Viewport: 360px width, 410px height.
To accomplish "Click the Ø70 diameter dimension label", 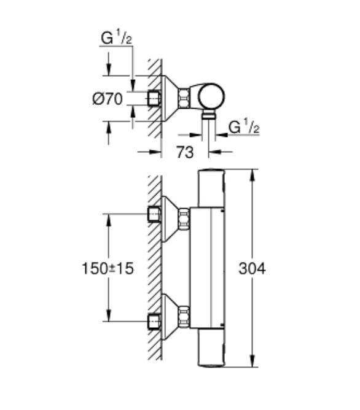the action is point(108,99).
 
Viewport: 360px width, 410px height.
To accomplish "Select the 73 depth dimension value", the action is point(185,152).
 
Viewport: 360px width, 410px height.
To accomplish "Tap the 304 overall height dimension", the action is point(252,268).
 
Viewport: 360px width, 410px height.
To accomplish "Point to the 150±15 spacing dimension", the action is point(108,268).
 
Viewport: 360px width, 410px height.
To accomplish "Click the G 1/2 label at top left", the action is point(116,37).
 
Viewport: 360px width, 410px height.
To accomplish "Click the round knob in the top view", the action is point(211,96).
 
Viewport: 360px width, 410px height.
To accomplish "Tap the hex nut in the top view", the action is point(184,98).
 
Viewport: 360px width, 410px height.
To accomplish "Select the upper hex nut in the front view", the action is point(184,219).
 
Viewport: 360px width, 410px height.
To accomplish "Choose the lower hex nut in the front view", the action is point(184,317).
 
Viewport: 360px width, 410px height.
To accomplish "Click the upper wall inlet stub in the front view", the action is point(154,214).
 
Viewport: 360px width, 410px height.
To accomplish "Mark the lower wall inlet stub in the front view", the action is point(154,321).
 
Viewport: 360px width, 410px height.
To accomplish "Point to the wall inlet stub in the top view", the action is point(154,98).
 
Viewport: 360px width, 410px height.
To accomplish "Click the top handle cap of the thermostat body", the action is point(211,188).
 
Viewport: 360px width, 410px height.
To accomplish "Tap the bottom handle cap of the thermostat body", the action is point(211,347).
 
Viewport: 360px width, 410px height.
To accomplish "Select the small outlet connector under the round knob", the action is point(208,114).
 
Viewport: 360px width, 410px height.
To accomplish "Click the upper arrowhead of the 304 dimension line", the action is point(252,175).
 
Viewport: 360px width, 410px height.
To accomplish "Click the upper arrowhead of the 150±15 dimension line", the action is point(109,220).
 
